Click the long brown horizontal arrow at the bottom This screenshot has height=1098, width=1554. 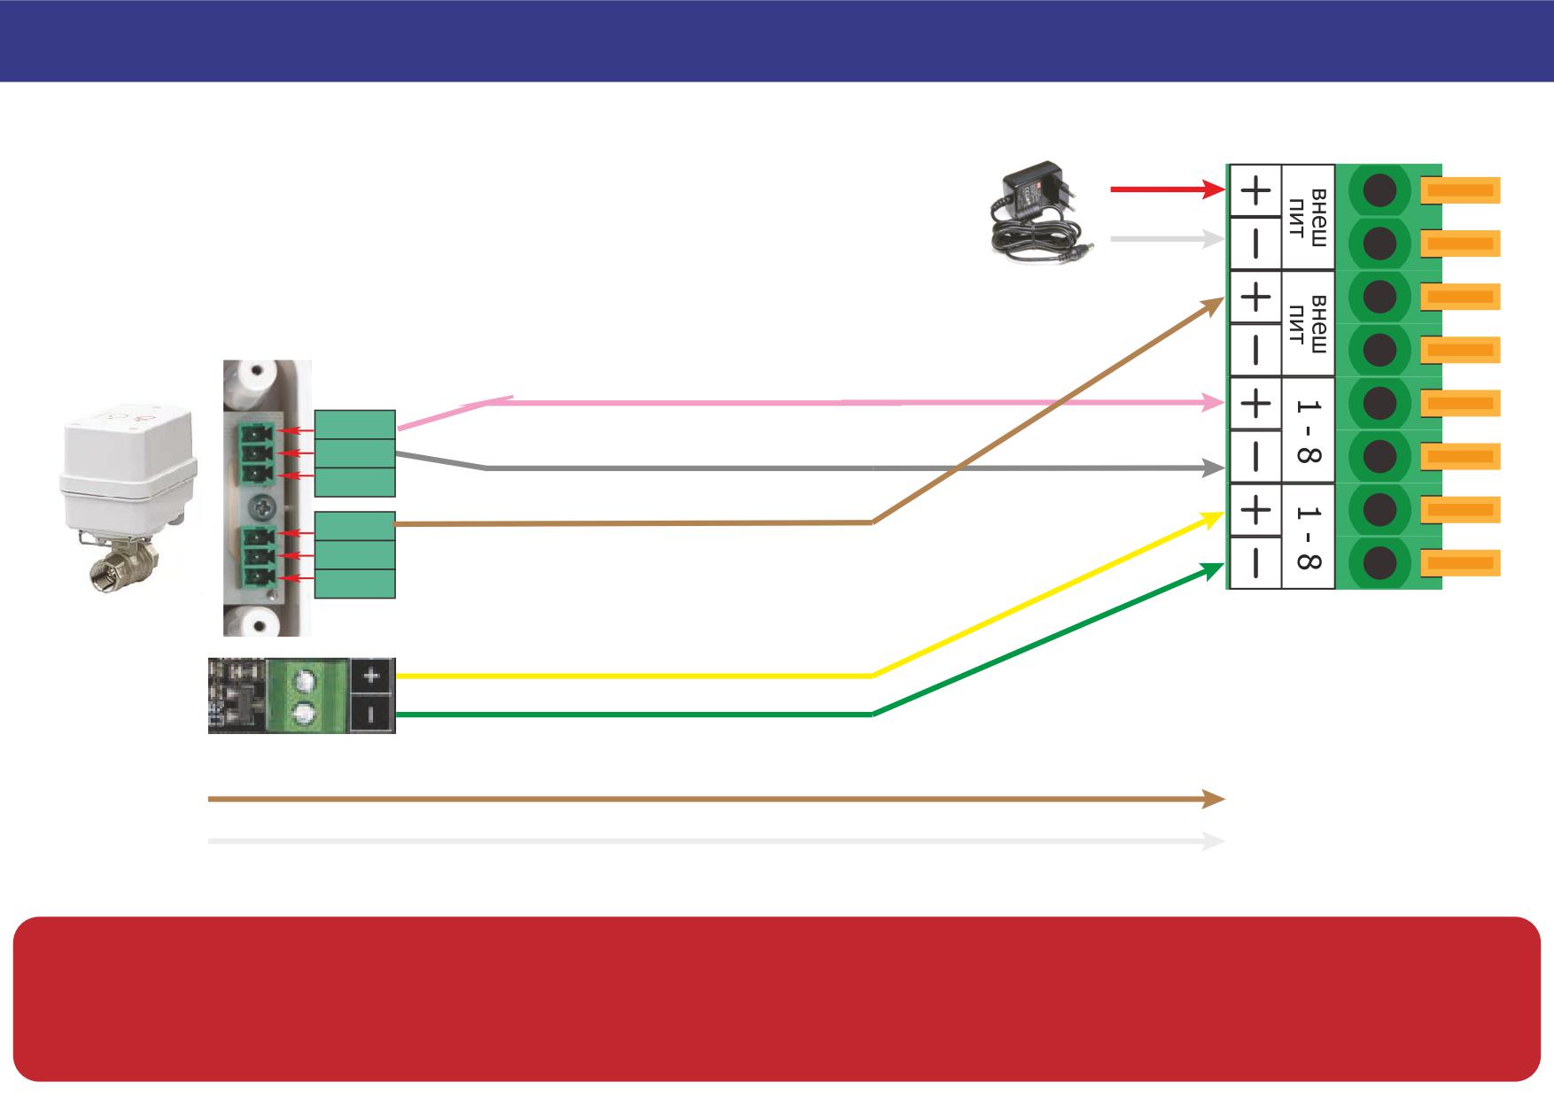[716, 799]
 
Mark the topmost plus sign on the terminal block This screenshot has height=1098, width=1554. [1255, 190]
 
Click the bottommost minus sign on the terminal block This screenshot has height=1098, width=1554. [1255, 562]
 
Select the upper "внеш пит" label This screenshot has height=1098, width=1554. [1308, 217]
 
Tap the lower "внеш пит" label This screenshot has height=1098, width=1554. [1308, 323]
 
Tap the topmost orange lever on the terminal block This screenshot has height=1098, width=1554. [1460, 190]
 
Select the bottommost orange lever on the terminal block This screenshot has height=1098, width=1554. [1460, 562]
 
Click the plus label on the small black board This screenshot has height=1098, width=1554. [371, 677]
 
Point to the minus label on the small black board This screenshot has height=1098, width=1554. [371, 713]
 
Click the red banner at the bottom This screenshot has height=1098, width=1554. [777, 999]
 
